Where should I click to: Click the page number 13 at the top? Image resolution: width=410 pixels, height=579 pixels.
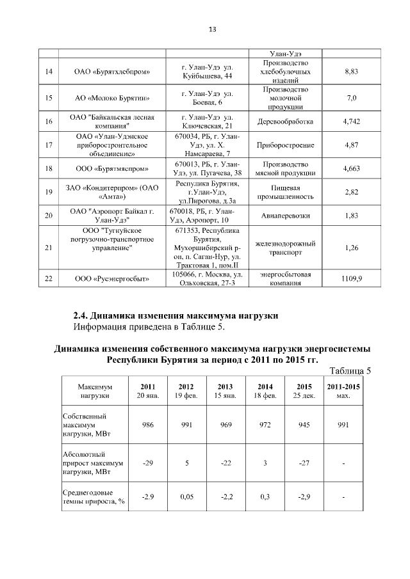pyautogui.click(x=213, y=29)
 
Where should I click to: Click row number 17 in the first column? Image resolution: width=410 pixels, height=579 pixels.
pyautogui.click(x=49, y=145)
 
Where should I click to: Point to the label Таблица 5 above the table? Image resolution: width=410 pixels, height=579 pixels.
pyautogui.click(x=349, y=371)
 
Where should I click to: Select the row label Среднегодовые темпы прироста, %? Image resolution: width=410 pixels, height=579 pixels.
pyautogui.click(x=94, y=496)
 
